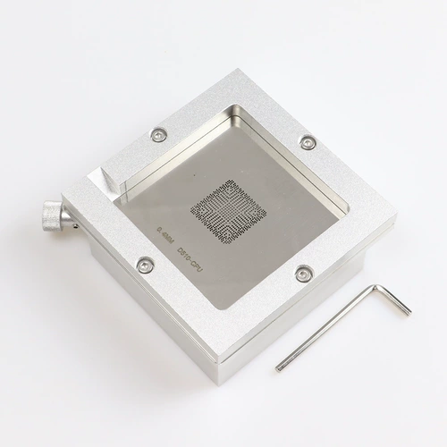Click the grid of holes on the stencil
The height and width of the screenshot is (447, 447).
(229, 211)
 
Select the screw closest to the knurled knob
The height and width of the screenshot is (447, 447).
(145, 265)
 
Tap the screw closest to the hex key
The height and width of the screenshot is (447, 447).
(303, 274)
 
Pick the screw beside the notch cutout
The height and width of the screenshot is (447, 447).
(159, 134)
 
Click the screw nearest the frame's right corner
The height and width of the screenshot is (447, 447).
(308, 141)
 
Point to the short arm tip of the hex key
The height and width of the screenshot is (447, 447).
(408, 311)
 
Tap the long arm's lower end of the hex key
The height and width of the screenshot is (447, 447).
(280, 366)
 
